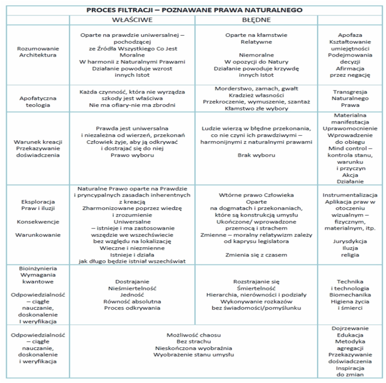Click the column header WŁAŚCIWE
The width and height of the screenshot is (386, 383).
[x=132, y=20]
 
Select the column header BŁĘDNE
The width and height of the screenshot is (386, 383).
[x=256, y=20]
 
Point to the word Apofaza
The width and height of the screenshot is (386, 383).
[x=350, y=35]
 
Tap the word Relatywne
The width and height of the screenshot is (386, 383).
[x=256, y=42]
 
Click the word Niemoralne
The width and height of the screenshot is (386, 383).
[x=256, y=55]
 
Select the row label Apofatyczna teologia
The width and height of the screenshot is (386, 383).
[x=38, y=102]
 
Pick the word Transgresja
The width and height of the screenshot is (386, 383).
[x=350, y=92]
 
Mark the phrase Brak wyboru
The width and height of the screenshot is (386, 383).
[x=256, y=155]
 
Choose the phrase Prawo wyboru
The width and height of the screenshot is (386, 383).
[x=132, y=155]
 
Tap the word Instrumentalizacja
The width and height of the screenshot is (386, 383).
[x=350, y=195]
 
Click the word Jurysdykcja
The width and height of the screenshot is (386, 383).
[x=350, y=241]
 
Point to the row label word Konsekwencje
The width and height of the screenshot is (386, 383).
[x=38, y=222]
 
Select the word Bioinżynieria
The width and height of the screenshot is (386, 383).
[x=38, y=268]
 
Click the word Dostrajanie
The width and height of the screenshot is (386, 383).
[x=132, y=282]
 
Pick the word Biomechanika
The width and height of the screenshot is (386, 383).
[x=350, y=295]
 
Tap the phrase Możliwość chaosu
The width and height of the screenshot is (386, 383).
[x=193, y=335]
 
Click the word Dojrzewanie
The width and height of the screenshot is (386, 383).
[x=350, y=328]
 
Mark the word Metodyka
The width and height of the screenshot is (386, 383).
[x=350, y=342]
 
